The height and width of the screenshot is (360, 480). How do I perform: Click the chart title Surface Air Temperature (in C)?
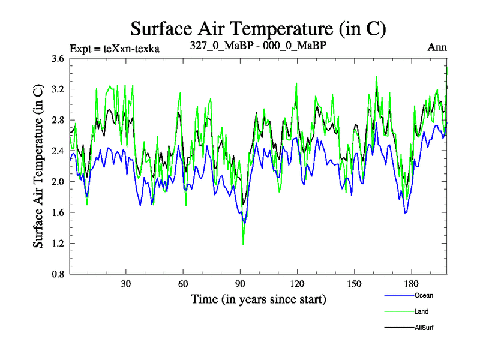[258, 28]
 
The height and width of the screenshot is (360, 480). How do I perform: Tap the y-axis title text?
[38, 166]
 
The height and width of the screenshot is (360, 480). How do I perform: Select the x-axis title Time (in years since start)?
[259, 298]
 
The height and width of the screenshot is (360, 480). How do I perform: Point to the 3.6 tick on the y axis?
[58, 59]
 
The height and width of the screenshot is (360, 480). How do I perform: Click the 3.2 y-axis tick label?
[58, 89]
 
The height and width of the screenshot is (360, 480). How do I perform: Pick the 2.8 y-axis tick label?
[58, 120]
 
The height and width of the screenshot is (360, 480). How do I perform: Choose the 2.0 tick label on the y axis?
[58, 182]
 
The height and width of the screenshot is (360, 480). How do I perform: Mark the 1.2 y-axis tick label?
[58, 243]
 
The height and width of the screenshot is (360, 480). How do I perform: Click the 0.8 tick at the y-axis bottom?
[58, 274]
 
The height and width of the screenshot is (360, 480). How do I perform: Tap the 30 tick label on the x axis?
[127, 284]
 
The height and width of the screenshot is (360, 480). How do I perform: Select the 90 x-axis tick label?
[241, 284]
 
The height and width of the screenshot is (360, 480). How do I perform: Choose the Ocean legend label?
[424, 295]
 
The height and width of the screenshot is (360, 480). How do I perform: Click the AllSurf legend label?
[424, 328]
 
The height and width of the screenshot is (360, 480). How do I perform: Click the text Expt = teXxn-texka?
[115, 49]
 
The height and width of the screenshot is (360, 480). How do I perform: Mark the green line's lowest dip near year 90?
[243, 244]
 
